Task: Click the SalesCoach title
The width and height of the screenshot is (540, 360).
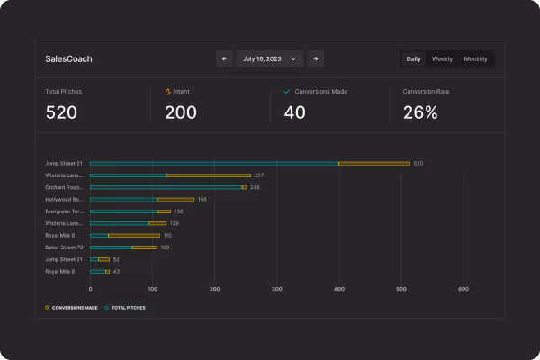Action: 68,59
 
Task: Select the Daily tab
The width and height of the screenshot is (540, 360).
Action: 413,58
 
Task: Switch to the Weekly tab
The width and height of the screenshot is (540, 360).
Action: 442,58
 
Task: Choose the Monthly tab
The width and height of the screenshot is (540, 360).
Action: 475,58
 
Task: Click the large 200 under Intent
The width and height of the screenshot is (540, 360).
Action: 181,112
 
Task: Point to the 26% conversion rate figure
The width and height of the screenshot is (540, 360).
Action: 419,112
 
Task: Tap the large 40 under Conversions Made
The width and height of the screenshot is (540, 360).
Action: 294,112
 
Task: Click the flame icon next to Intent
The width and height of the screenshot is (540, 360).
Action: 167,92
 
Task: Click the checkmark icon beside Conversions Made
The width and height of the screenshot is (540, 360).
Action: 286,92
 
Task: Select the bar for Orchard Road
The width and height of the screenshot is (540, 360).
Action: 167,187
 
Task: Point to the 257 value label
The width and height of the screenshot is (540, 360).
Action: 259,175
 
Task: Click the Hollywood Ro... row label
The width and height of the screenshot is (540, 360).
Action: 64,199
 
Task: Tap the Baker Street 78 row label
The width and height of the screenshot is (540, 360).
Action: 64,247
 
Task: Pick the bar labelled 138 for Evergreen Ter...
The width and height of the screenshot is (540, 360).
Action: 130,211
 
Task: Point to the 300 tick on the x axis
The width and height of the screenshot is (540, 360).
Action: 277,289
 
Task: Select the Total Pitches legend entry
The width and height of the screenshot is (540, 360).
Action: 125,307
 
